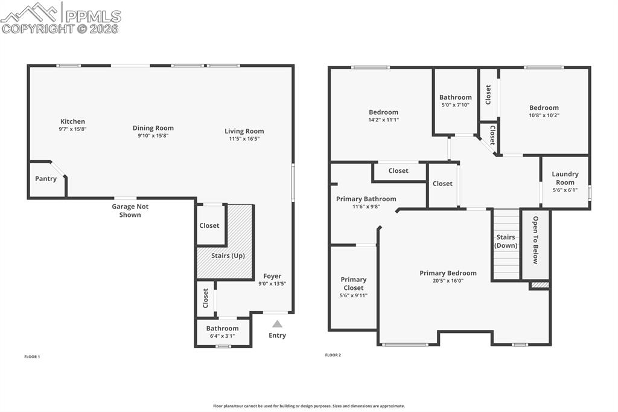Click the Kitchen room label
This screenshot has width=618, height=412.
coord(72,121)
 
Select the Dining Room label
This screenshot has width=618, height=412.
coord(153,128)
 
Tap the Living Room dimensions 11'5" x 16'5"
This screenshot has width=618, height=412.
coord(244,138)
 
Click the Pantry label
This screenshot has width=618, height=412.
coord(46,179)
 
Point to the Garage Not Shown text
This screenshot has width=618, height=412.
coord(130,210)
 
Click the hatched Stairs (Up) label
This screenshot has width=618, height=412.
coord(228,256)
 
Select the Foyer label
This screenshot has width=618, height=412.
coord(272,276)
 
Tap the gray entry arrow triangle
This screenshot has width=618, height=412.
coord(277,324)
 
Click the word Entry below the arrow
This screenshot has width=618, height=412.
coord(277,335)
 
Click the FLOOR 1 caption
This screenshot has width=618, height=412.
coord(32,357)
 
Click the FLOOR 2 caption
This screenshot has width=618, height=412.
coord(333,355)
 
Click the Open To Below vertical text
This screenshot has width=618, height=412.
coord(535,240)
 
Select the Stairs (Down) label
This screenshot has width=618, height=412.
coord(506,241)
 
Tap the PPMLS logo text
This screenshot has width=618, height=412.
coord(92,16)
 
